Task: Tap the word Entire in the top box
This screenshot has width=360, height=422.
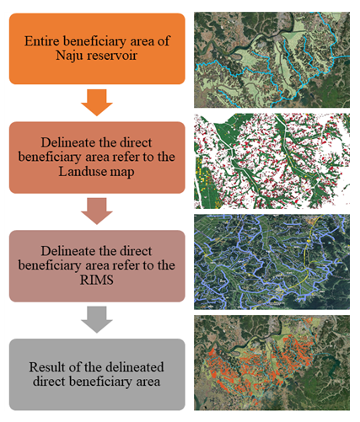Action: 42,41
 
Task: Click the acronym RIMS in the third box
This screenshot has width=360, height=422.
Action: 97,280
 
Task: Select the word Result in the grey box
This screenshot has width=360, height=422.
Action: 46,367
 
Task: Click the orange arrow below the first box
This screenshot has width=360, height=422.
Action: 97,102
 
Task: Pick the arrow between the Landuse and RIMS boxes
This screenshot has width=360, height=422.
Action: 97,211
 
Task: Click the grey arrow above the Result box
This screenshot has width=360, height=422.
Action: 97,319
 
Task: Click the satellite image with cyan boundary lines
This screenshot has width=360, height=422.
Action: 271,60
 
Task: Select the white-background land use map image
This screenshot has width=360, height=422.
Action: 271,161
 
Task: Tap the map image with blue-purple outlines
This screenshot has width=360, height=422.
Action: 271,262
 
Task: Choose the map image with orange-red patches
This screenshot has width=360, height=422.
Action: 271,363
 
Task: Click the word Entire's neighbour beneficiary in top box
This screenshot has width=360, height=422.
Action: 94,41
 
